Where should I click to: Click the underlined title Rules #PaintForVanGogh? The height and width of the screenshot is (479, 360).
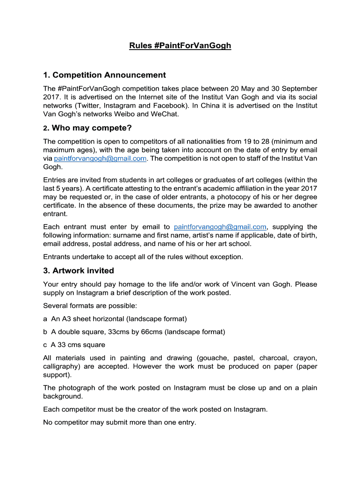pyautogui.click(x=180, y=46)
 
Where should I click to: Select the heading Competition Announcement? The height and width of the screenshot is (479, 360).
pyautogui.click(x=109, y=75)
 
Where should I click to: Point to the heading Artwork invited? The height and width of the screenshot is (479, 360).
pyautogui.click(x=83, y=270)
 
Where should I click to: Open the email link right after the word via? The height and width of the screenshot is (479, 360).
pyautogui.click(x=101, y=159)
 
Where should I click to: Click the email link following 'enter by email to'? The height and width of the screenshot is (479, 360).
pyautogui.click(x=220, y=227)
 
